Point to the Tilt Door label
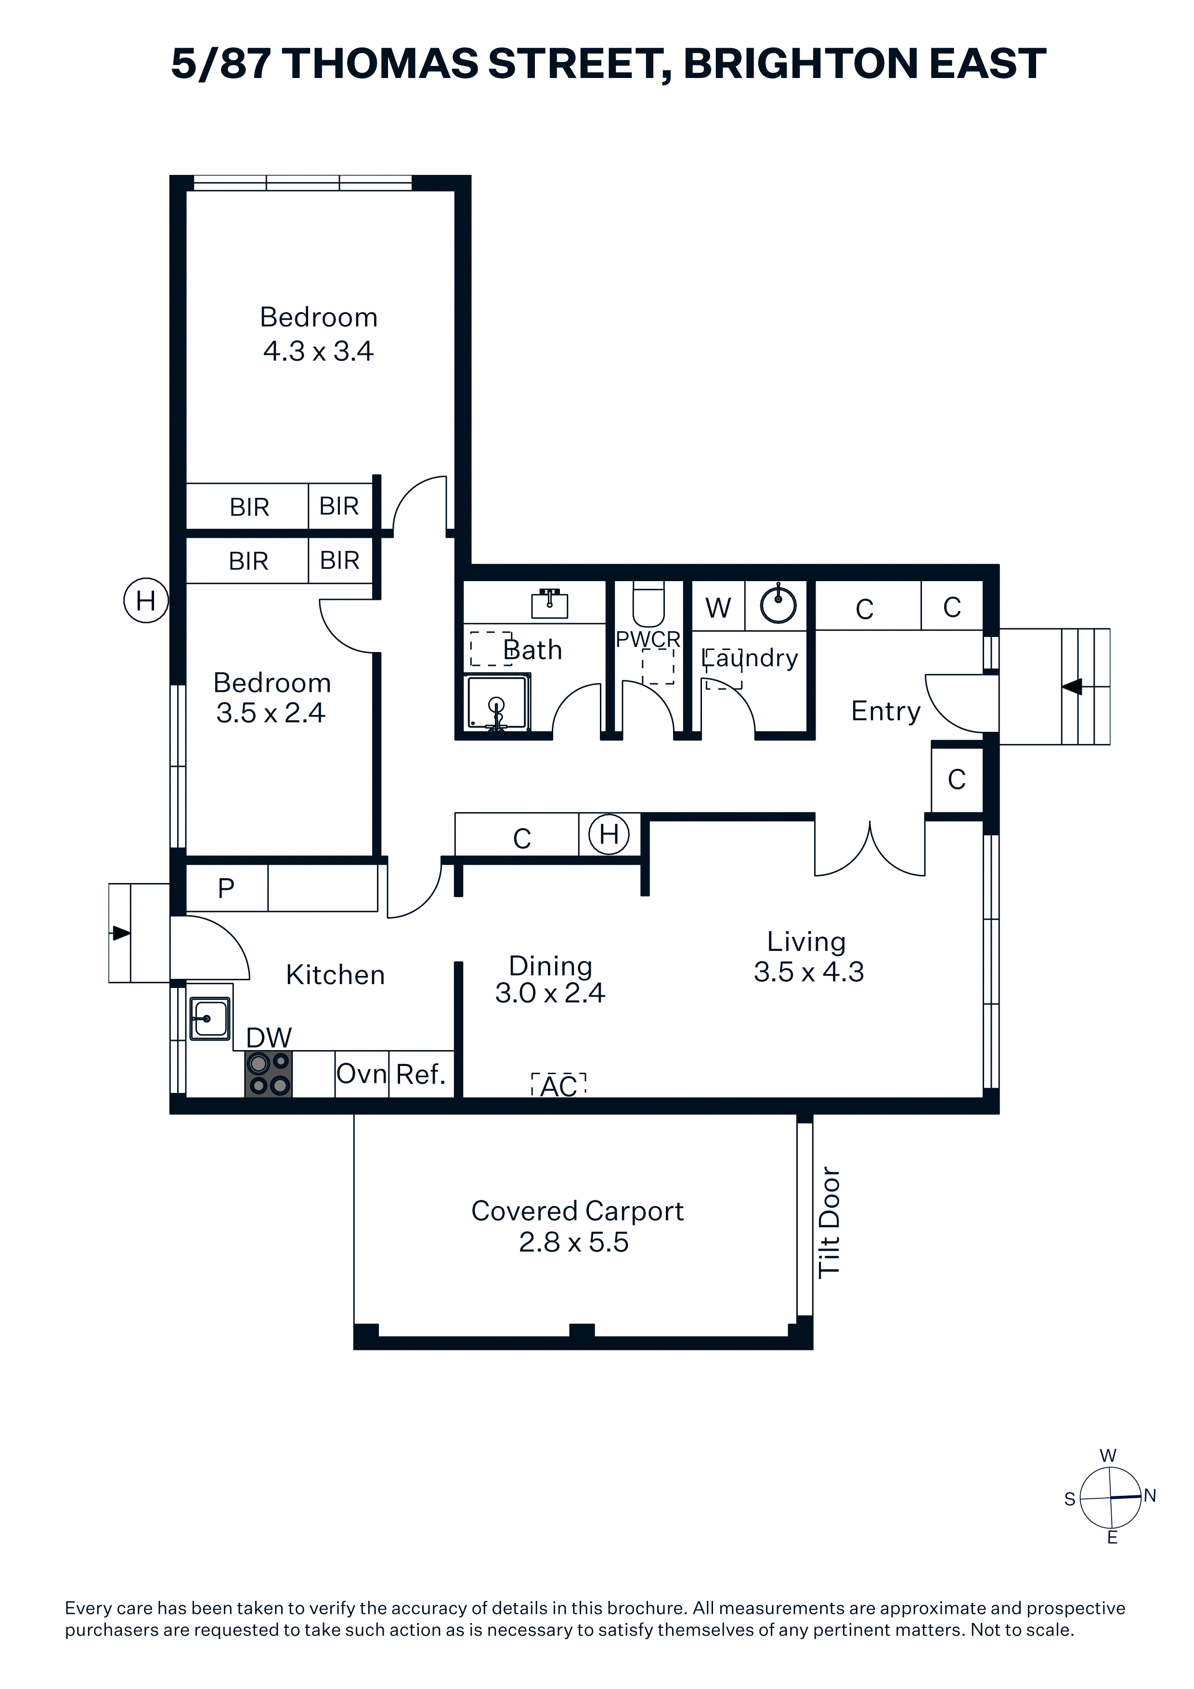(829, 1222)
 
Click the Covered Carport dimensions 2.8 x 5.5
(574, 1243)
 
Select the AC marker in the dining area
(559, 1085)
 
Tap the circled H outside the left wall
(146, 600)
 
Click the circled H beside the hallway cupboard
(609, 834)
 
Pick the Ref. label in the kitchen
(421, 1074)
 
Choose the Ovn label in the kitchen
(361, 1074)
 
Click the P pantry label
(226, 889)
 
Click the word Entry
(886, 711)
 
